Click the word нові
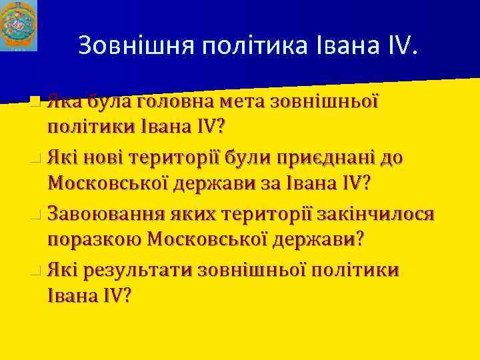click(103, 159)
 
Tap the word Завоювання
click(104, 215)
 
